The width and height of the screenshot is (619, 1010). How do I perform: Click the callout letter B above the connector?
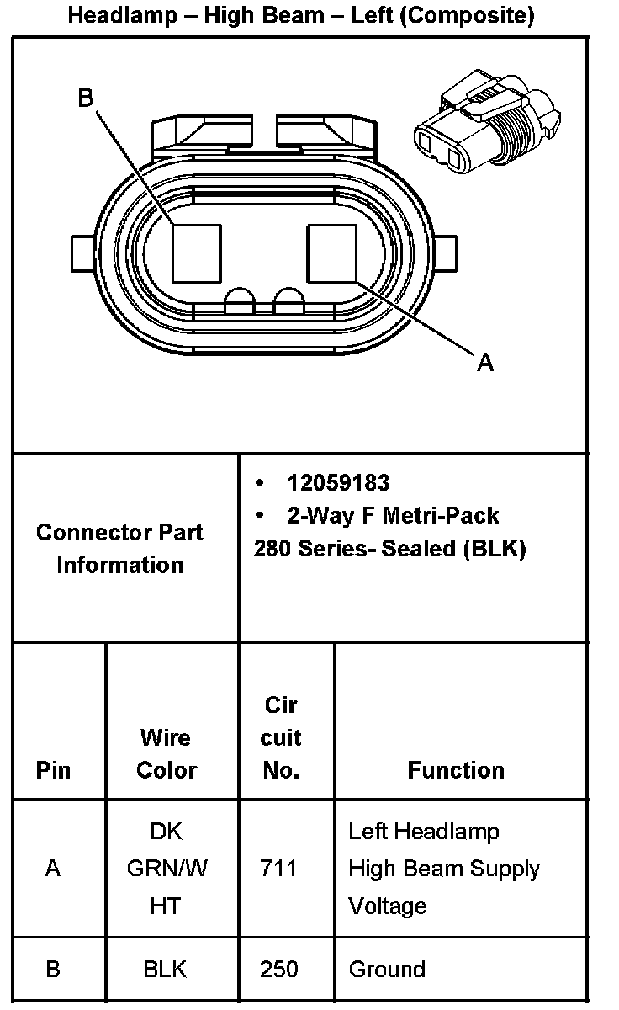point(86,98)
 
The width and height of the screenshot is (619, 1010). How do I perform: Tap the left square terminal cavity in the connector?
point(196,253)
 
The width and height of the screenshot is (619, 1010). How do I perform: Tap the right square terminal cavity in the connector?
point(333,252)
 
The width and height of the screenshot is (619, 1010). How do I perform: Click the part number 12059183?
point(338,483)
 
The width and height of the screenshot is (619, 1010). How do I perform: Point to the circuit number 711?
point(279,868)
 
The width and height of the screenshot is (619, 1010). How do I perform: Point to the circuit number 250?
point(279,970)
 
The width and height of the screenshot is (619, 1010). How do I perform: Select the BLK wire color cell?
point(165,970)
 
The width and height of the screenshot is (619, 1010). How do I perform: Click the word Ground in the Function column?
point(387,970)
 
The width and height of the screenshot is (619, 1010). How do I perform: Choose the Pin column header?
point(54,770)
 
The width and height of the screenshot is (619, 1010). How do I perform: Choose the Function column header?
point(456,770)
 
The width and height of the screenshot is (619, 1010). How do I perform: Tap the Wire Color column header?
point(167,754)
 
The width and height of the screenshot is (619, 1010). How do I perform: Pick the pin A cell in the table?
point(53,868)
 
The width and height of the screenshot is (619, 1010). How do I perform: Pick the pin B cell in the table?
point(53,970)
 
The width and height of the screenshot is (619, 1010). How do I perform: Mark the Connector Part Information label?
point(119,548)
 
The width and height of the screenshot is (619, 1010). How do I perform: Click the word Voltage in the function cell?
point(388,906)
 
